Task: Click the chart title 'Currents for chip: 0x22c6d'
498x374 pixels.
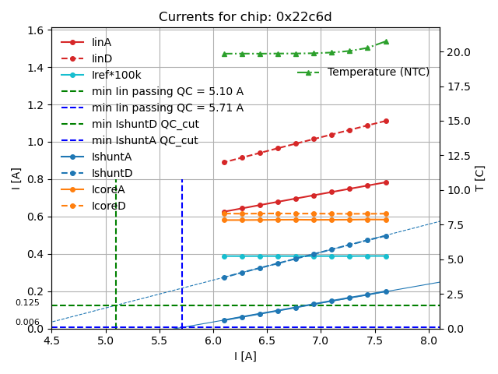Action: click(245, 17)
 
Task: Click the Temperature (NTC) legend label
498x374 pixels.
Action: click(378, 72)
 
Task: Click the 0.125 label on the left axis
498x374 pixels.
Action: click(27, 303)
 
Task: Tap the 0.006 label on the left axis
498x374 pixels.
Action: click(27, 323)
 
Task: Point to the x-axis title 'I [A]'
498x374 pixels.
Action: click(245, 357)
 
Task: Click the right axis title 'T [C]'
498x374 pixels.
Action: click(480, 178)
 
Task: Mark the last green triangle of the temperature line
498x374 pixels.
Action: click(386, 41)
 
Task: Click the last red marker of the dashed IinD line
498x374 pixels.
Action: click(386, 121)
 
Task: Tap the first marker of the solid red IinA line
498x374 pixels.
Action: click(224, 212)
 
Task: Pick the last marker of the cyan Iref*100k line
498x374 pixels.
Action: click(386, 256)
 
